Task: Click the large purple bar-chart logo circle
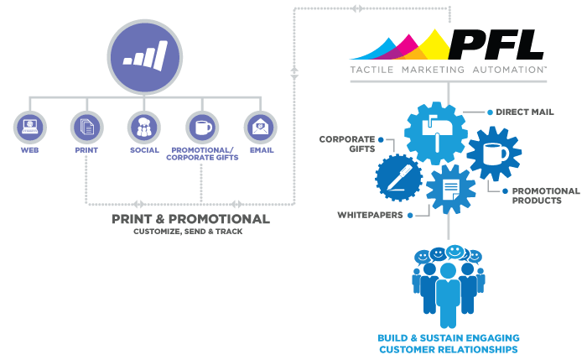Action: coord(145,57)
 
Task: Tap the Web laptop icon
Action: coord(30,127)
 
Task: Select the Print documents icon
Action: coord(87,127)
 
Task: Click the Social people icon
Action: coord(144,127)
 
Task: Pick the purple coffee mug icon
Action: coord(202,127)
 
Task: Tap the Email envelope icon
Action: coord(261,127)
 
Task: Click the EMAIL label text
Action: coord(262,150)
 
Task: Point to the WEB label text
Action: coord(29,150)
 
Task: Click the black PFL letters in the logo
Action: coord(496,44)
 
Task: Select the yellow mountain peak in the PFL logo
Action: coord(434,45)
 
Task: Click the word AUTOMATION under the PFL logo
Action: coord(509,70)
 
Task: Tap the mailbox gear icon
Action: coord(436,133)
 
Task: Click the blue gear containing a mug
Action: coord(494,154)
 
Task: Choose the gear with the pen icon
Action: coord(398,178)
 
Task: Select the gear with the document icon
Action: coord(451,190)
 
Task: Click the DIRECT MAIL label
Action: coord(524,112)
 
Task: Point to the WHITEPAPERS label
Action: coord(371,215)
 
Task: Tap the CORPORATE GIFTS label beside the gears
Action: coord(347,143)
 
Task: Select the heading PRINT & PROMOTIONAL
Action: coord(190,219)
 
